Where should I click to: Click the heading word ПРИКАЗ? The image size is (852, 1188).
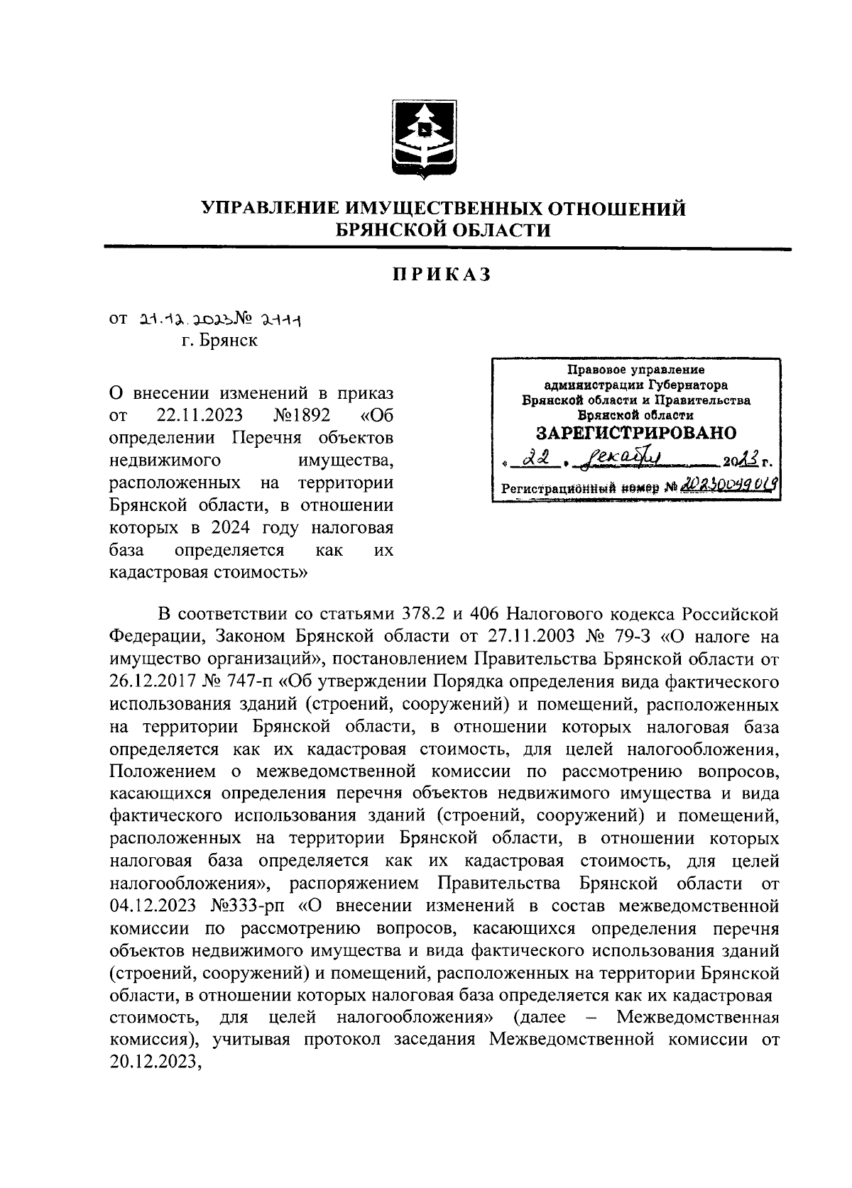pos(442,275)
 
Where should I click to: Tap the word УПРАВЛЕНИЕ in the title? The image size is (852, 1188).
pos(273,209)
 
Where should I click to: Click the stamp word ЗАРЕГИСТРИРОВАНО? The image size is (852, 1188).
pos(636,433)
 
